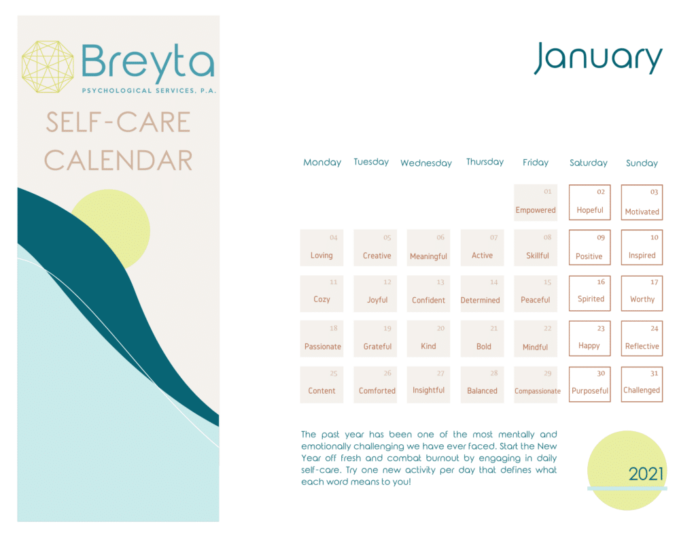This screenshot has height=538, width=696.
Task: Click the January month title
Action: [598, 58]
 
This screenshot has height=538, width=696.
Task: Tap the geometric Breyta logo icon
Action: [48, 67]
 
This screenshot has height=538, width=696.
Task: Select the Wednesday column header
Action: [426, 163]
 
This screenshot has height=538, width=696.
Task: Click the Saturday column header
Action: [589, 163]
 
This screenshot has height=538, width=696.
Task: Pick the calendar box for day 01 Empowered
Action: [536, 202]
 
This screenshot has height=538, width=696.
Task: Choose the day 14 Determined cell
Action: [482, 292]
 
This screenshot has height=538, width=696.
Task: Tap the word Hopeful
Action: [590, 210]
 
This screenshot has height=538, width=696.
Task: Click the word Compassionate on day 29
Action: [538, 391]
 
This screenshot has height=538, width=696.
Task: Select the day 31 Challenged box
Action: [642, 384]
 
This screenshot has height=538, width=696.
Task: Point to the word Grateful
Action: [377, 347]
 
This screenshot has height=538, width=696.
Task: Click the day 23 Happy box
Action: [589, 338]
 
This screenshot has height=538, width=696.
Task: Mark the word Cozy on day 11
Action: [321, 299]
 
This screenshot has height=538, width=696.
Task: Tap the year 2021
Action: [646, 474]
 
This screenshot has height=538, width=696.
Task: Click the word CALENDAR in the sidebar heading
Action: [118, 161]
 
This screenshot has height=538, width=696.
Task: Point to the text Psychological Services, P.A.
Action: [149, 90]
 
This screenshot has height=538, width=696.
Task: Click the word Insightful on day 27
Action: [428, 390]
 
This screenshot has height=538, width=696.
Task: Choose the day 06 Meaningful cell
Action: [428, 248]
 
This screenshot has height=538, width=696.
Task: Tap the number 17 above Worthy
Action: [654, 282]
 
